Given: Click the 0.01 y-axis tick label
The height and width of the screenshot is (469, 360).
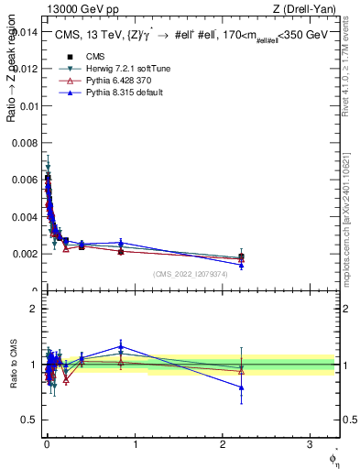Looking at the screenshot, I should click(27, 106).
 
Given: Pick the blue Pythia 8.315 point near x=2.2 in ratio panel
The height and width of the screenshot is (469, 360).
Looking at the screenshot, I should click(241, 387).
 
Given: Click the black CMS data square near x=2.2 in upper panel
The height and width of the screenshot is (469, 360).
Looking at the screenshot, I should click(241, 257).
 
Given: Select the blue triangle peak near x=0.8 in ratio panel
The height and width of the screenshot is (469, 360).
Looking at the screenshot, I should click(121, 347).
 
